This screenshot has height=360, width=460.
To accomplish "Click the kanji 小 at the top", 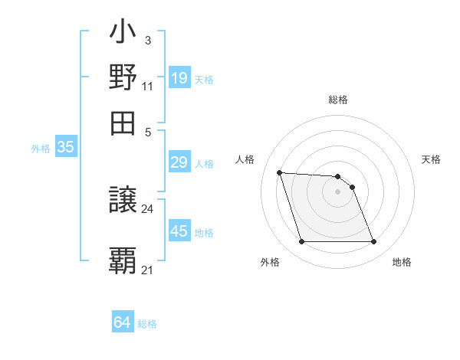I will (x=123, y=34).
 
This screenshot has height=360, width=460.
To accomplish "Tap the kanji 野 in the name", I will (x=123, y=78).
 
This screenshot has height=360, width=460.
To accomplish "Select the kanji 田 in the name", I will (x=123, y=121).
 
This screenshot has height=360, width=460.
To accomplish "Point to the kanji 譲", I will (x=123, y=201).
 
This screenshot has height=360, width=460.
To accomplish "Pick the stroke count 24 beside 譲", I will (x=148, y=209).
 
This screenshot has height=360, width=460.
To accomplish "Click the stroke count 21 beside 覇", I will (x=148, y=270).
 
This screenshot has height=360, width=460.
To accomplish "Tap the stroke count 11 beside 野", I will (x=148, y=87).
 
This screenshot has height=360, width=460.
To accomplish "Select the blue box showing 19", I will (x=179, y=78).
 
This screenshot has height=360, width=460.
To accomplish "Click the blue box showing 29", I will (x=179, y=162).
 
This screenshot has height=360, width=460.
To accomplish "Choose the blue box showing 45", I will (x=179, y=231).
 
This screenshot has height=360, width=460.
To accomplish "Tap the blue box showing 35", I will (x=65, y=148).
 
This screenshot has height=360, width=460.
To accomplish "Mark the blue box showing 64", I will (x=123, y=323).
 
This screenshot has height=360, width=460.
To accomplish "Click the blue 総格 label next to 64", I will (x=148, y=324).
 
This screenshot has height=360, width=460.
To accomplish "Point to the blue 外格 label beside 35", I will (x=41, y=149).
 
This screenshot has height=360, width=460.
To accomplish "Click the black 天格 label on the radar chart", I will (x=431, y=159).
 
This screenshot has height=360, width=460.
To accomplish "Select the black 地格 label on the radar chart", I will (x=402, y=262).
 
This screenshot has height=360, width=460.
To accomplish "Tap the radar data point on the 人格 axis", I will (x=280, y=172).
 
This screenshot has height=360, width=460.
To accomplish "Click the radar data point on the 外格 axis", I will (x=301, y=242).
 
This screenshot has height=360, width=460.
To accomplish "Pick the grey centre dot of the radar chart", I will (x=337, y=191).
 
